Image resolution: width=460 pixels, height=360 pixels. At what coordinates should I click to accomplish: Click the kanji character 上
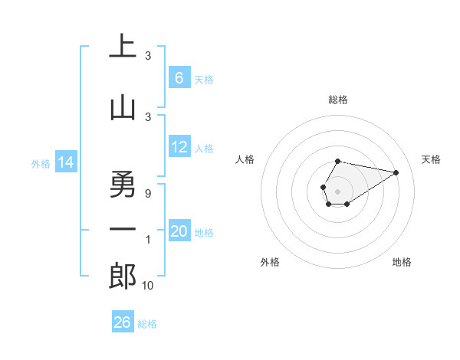click(123, 47)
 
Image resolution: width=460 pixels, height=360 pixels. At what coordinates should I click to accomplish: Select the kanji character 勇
click(123, 183)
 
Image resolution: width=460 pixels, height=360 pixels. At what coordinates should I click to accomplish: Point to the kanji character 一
click(123, 230)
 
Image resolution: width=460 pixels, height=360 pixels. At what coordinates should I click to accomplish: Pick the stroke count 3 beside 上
click(148, 56)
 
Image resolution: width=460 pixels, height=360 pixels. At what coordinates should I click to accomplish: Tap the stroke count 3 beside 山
click(148, 116)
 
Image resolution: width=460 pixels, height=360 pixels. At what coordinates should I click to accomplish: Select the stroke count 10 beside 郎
click(148, 285)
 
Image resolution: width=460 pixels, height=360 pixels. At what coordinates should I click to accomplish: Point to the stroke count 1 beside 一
click(148, 240)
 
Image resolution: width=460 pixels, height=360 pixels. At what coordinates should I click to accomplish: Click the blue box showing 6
click(179, 78)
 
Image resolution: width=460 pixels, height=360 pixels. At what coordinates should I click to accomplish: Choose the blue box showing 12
click(179, 148)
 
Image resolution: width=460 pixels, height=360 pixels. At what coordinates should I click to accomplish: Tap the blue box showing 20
click(179, 231)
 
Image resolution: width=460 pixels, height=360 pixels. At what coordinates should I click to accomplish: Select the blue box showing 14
click(65, 162)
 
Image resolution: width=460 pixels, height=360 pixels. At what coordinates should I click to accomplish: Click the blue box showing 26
click(123, 322)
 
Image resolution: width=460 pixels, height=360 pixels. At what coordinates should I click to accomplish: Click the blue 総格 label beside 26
click(147, 324)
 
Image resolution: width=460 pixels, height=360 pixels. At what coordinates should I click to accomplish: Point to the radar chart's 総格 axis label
click(337, 100)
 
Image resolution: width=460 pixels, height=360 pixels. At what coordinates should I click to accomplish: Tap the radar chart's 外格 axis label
click(270, 262)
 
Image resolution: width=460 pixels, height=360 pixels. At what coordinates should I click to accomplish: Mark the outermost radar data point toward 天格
click(396, 172)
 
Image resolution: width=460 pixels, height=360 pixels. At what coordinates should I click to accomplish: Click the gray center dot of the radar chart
click(337, 190)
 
